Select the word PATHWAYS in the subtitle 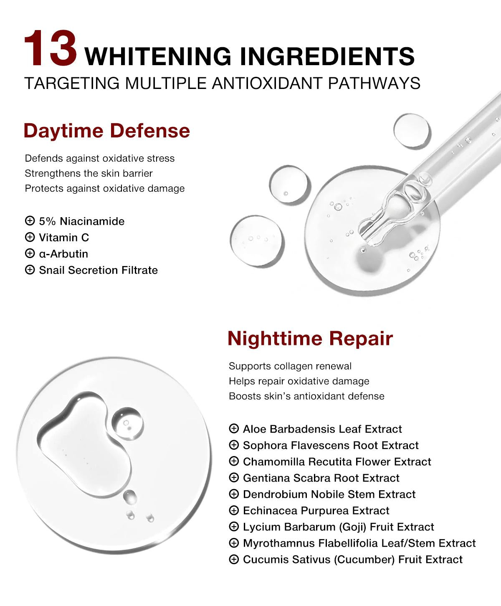[x=374, y=83]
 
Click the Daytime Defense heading [x=107, y=131]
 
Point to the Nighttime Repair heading [x=310, y=339]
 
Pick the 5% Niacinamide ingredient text [x=82, y=221]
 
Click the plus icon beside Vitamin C [x=30, y=237]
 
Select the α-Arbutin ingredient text [x=63, y=254]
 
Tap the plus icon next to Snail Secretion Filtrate [x=30, y=270]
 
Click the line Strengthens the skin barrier [x=89, y=173]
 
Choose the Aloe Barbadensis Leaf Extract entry [x=322, y=429]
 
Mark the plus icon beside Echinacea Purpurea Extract [x=234, y=510]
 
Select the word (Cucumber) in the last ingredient [x=364, y=560]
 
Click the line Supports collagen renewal [x=290, y=366]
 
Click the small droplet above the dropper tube [x=412, y=130]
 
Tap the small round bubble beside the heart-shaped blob [x=127, y=423]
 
